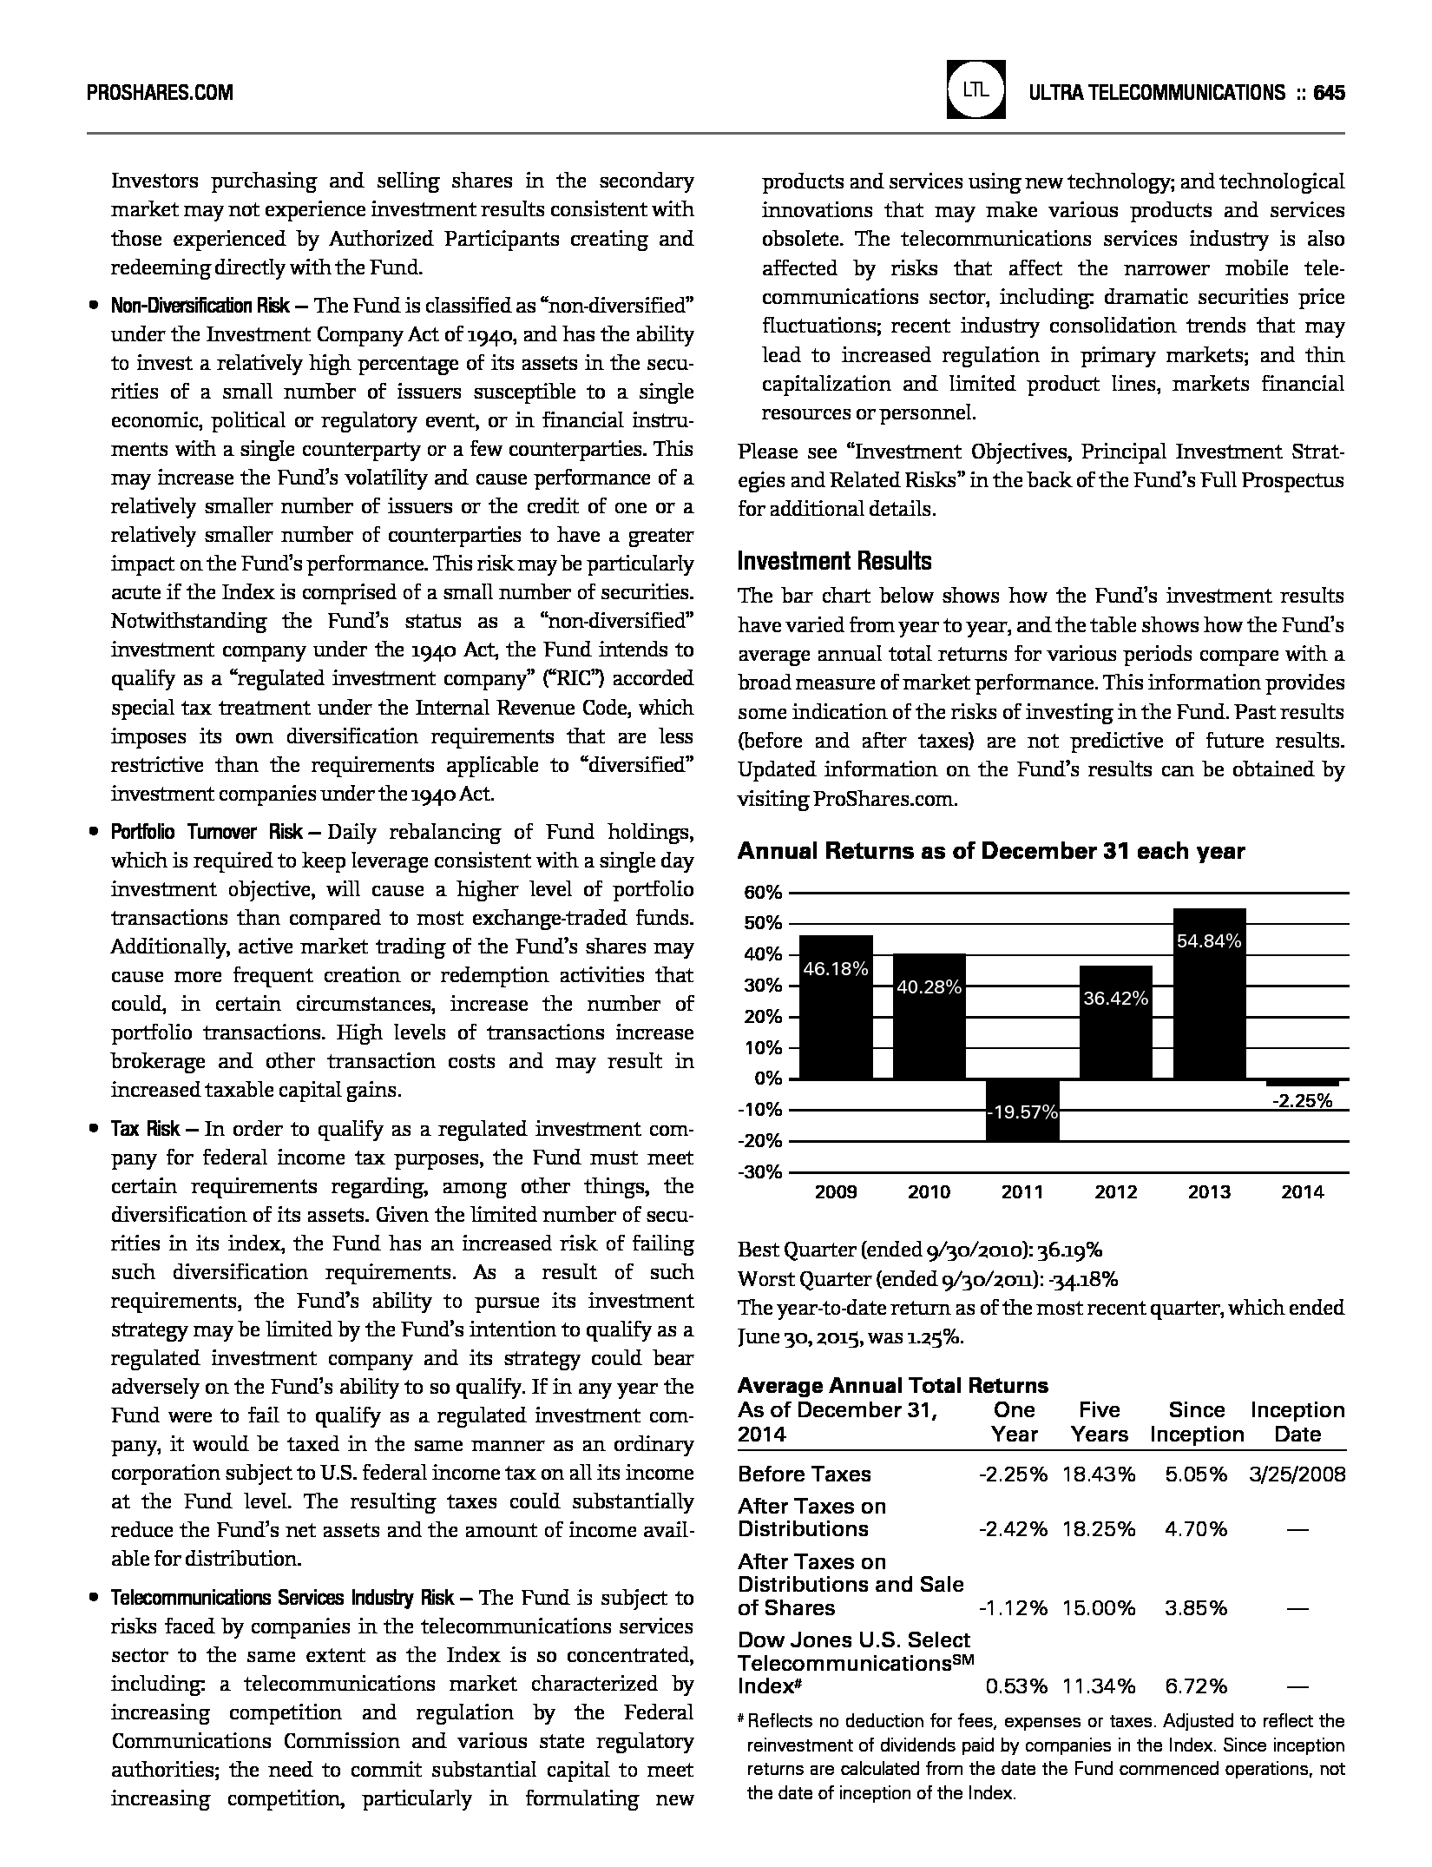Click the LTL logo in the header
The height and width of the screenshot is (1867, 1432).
pos(976,89)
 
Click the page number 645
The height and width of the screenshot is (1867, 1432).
pos(1329,93)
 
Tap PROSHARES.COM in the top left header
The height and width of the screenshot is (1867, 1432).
pos(160,93)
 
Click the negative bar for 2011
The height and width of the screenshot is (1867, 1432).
pos(1021,1109)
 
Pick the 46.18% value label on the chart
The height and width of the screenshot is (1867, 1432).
pos(836,969)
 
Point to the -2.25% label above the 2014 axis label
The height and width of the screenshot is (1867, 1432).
pos(1301,1100)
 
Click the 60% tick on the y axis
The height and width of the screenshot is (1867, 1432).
pos(763,893)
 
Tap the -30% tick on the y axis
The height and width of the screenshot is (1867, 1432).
pos(760,1172)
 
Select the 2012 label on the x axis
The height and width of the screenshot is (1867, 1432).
pos(1115,1192)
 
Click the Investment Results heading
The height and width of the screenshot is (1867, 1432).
pos(834,561)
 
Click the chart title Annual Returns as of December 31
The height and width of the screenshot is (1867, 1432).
pos(990,851)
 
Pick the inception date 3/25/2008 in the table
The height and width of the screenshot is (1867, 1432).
pos(1297,1474)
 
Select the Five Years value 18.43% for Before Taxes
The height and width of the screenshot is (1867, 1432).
pos(1098,1474)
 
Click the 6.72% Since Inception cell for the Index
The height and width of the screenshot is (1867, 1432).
pos(1196,1686)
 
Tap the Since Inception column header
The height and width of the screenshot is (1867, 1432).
pos(1197,1422)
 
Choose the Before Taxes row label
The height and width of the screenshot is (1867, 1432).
pos(804,1474)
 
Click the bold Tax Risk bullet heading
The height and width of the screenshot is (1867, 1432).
pos(145,1129)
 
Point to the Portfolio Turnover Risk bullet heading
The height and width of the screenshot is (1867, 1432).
pos(207,832)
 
